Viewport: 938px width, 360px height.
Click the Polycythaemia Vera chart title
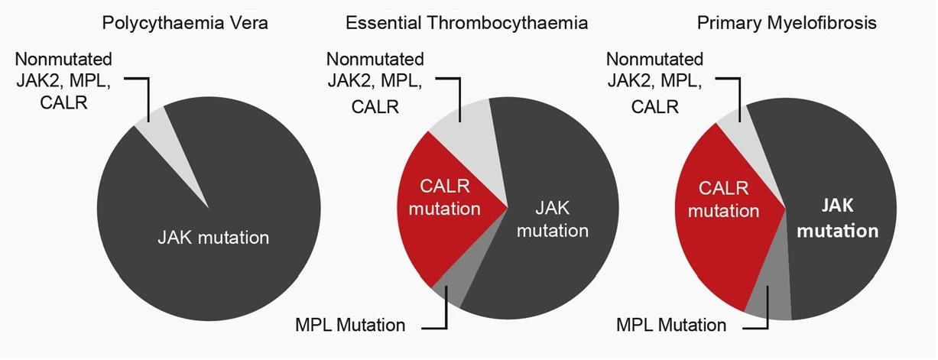(185, 23)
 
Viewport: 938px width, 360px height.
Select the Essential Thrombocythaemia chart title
(466, 23)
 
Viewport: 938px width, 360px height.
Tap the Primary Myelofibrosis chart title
(787, 23)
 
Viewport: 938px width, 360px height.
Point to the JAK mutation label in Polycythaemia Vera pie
(213, 238)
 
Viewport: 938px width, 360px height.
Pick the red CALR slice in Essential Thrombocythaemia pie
(444, 209)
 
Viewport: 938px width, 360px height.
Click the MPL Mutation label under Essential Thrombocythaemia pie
(350, 326)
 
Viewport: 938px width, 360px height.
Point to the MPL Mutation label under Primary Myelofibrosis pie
(671, 326)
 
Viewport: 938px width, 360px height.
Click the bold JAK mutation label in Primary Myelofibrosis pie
(838, 218)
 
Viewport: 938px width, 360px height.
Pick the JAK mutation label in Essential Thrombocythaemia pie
(553, 219)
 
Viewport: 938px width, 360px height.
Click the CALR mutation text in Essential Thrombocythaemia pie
(445, 197)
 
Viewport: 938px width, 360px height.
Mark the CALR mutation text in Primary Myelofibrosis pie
(724, 199)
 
